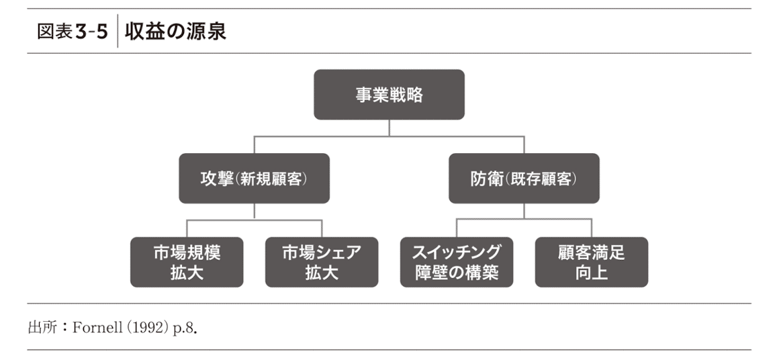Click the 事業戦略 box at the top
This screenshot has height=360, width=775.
pos(389,95)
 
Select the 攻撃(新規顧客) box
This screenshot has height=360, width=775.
pos(254,179)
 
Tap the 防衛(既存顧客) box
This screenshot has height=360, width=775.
pos(524,179)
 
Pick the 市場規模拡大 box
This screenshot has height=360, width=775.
pos(187,262)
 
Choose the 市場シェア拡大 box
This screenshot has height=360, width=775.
pos(322,262)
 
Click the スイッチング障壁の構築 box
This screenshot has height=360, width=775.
pos(457,262)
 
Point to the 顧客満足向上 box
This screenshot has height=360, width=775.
pos(592,262)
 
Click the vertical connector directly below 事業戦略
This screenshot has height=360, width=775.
pos(389,128)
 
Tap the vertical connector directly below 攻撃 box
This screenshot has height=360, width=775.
pos(254,212)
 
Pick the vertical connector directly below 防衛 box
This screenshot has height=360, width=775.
pos(524,212)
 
